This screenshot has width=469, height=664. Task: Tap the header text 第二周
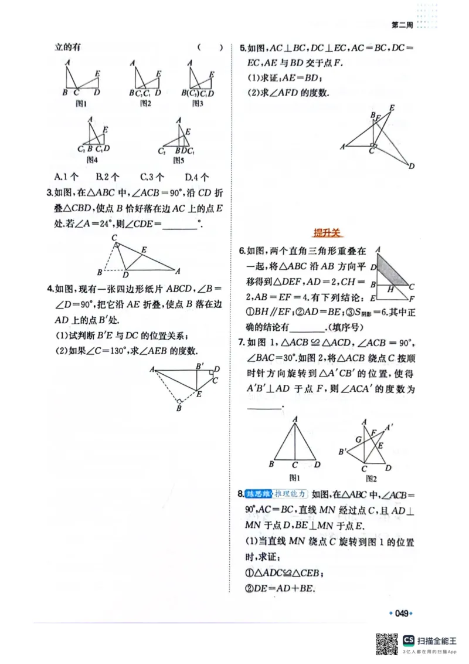tap(402, 25)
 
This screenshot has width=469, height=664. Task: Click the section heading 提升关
tap(327, 233)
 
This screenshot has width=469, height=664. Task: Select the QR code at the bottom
tap(386, 643)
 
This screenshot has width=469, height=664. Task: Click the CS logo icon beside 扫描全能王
tap(409, 639)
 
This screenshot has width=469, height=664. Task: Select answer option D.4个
tap(197, 177)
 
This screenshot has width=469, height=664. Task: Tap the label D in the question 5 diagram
tap(412, 167)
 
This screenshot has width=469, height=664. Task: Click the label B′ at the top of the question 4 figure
tap(199, 366)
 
